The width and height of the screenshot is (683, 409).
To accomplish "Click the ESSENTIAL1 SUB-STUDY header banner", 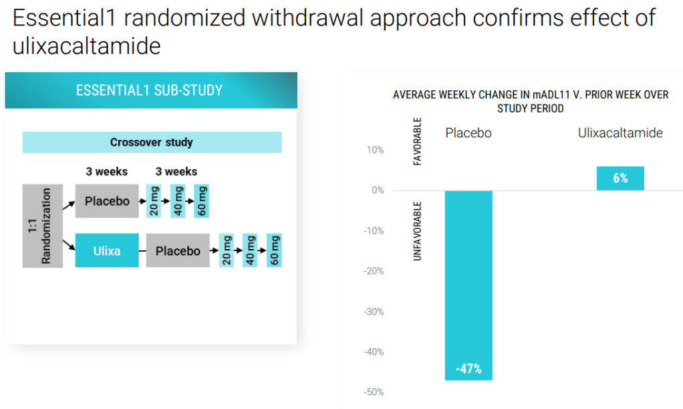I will pos(150,90).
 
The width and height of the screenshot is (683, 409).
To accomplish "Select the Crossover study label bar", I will pos(152,143).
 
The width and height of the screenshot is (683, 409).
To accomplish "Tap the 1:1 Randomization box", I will pos(43,226).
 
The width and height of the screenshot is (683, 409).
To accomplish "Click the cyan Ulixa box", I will pos(107,250).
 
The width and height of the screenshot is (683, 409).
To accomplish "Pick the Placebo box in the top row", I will pos(107,200).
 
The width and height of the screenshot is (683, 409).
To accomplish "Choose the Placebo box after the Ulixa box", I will pos(178,251).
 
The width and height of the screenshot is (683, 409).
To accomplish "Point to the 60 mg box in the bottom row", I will pos(274,250).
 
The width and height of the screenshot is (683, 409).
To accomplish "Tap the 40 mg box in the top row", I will pos(178,200).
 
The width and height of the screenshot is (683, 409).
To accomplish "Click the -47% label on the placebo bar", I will pos(468,369).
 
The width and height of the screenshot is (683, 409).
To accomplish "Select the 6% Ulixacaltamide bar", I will pos(620,178).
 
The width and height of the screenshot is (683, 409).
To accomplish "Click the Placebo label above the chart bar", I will pos(468,133).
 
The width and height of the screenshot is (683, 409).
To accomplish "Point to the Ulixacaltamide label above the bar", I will pos(620,133).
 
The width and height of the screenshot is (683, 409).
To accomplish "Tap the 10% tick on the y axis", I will pos(375,150).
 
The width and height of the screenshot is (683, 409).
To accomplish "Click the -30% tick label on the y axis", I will pos(374,311).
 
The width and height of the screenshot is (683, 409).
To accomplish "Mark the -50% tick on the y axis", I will pos(374,392).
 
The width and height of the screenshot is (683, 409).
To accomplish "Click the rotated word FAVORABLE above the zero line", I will pos(418,142).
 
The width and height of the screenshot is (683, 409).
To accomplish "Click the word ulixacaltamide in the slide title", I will pos(86,46).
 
